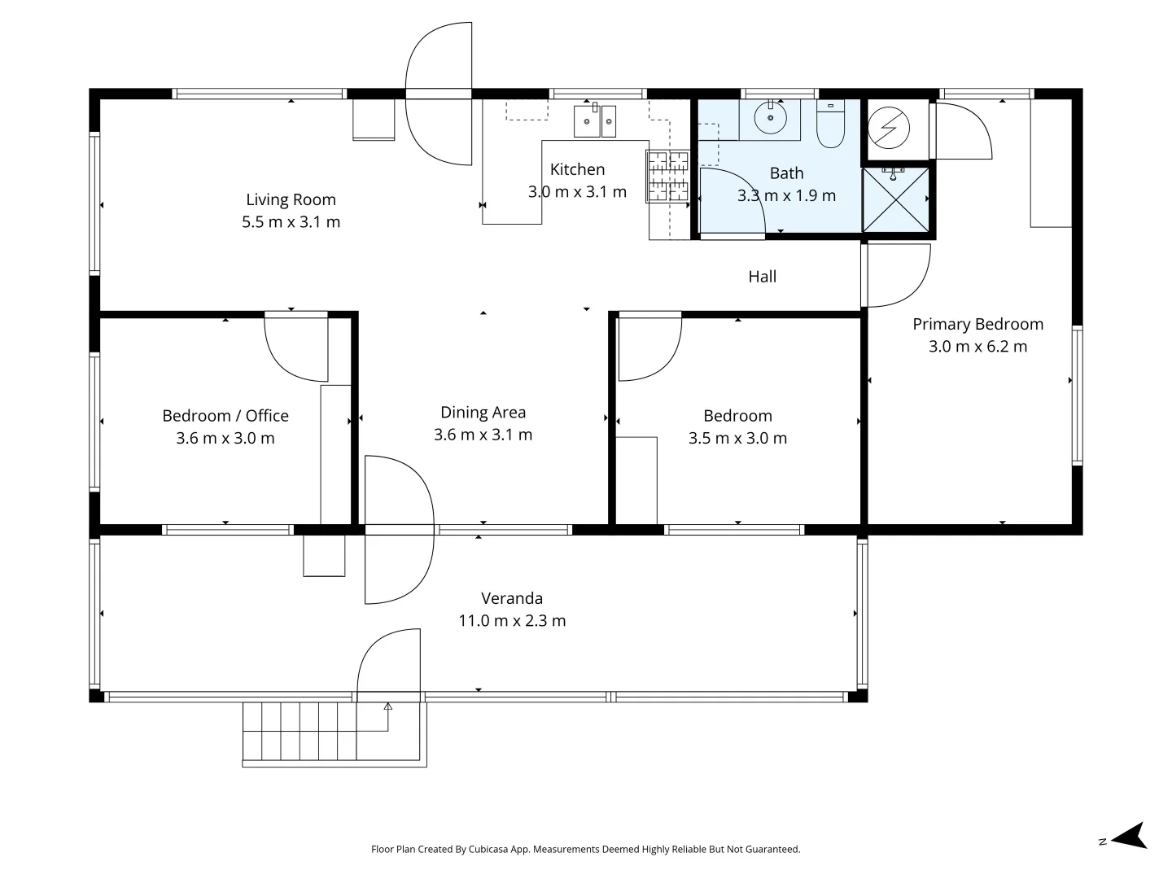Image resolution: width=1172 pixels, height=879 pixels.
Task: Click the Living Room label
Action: (291, 199)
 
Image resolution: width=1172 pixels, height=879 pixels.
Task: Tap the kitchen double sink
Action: (595, 122)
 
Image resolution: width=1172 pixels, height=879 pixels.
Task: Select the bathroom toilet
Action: (830, 126)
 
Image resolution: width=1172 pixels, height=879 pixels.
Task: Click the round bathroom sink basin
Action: (770, 119)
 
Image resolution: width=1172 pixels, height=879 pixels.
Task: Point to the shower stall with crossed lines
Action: (895, 198)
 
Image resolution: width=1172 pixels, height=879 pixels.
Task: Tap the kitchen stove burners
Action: (667, 176)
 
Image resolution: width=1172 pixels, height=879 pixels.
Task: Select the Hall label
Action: (762, 277)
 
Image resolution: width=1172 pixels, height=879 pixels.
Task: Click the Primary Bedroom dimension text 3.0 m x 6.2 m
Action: (977, 347)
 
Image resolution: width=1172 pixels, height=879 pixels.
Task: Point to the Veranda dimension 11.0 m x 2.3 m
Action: (512, 621)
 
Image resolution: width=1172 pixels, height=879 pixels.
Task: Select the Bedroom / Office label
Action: (225, 416)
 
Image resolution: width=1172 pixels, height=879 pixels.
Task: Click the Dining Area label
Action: (483, 413)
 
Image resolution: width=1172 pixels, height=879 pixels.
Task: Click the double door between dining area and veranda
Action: (399, 529)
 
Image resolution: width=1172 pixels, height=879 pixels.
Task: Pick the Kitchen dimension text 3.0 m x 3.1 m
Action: (577, 192)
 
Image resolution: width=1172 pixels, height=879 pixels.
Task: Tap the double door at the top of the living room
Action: (439, 94)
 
